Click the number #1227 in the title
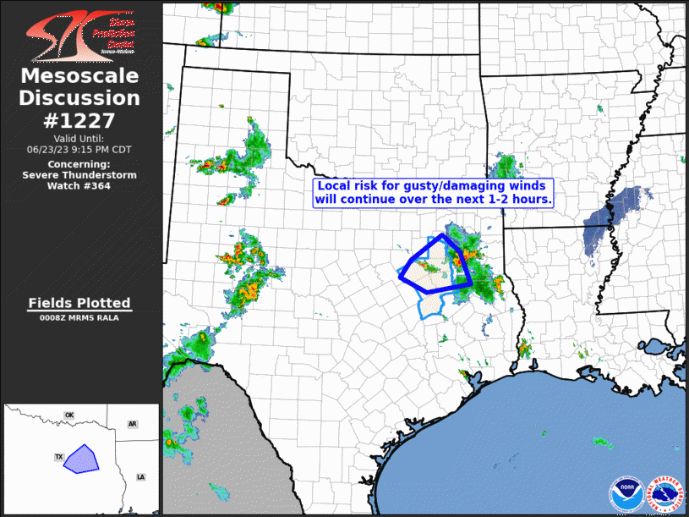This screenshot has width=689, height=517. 79,120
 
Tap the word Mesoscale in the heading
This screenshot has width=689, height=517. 79,76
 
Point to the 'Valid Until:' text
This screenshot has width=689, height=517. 79,138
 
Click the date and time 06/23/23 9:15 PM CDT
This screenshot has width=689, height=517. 79,149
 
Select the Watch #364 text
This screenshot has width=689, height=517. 79,185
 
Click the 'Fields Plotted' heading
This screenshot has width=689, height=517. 79,303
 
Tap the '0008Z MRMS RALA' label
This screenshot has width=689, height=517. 79,318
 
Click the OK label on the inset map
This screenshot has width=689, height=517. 69,415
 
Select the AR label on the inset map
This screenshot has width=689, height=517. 132,423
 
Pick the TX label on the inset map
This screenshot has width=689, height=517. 59,457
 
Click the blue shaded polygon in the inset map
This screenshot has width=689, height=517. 82,458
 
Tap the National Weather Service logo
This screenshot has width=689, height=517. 664,492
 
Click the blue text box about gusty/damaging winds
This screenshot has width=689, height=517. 434,192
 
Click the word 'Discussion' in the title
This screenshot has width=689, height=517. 79,98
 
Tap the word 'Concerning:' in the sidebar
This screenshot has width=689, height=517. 79,163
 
